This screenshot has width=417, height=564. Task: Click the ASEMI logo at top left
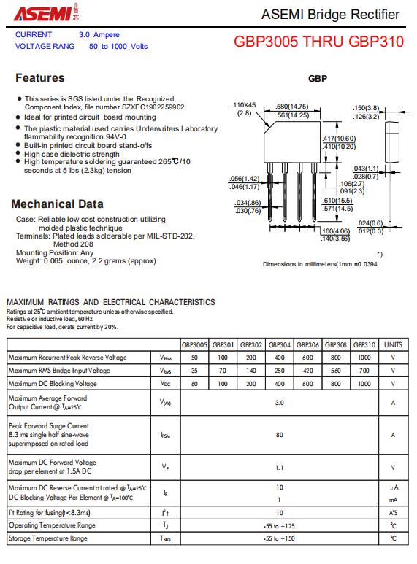click(47, 12)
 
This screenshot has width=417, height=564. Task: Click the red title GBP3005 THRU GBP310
click(318, 42)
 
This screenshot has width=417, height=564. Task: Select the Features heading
click(40, 77)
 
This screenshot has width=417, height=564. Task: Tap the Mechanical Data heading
click(57, 204)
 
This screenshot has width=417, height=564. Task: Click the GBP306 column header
click(307, 344)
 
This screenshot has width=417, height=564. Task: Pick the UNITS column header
click(393, 344)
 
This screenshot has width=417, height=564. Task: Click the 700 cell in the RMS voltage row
click(364, 371)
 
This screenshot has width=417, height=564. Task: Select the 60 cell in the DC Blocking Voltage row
click(194, 384)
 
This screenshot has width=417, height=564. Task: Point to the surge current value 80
click(280, 435)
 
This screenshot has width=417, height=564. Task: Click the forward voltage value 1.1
click(280, 468)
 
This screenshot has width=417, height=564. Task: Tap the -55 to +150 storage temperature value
click(279, 538)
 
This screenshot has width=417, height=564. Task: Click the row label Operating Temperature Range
click(52, 525)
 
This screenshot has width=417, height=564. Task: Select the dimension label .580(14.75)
click(292, 107)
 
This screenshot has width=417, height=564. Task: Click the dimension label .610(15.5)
click(338, 201)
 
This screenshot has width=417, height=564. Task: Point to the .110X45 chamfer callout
click(244, 105)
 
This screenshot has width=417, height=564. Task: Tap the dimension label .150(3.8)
click(366, 108)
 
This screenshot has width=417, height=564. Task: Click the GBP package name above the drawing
click(318, 78)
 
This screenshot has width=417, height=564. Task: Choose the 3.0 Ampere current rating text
click(99, 34)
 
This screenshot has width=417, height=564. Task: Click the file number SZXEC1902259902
click(153, 107)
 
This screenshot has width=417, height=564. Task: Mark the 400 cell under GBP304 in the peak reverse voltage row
click(280, 358)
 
